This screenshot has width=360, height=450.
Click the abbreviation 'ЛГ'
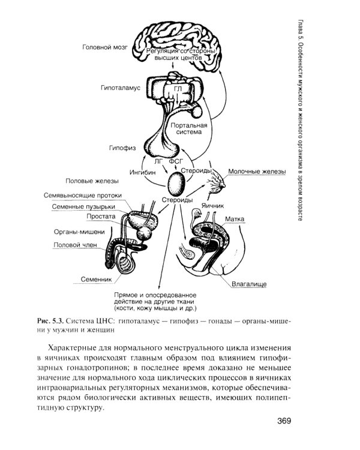[x=158, y=161]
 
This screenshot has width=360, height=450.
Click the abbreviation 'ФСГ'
[x=175, y=161]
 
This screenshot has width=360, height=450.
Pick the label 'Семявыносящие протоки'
[x=83, y=195]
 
